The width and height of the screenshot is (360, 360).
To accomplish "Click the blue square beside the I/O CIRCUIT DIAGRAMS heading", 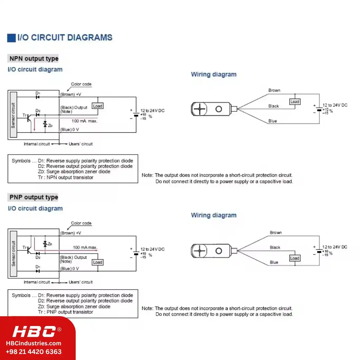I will point(11,38).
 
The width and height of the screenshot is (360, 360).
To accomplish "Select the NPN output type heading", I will point(34,59).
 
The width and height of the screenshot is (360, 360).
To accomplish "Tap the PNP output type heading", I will point(34,197).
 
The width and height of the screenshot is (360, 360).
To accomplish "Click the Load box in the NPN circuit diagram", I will point(98,106).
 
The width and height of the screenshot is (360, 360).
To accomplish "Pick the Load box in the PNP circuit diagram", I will point(97,262).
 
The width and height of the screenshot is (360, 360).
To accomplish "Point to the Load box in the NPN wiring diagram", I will point(295,101).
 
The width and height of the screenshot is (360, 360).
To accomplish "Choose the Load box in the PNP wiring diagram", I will point(295,258).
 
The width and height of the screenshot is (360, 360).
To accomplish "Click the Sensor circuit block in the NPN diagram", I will point(14,115).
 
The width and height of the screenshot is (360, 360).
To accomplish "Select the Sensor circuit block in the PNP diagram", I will point(14,254).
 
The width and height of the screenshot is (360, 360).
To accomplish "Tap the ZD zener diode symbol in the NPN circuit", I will point(45,125).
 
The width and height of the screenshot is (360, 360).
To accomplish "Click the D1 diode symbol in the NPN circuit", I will point(38,97).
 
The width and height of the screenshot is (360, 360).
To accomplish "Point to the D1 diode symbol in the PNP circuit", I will point(38,271).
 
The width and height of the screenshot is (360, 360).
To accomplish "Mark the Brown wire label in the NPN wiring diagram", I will point(274,90).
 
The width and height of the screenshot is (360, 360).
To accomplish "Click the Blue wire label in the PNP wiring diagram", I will point(274,262).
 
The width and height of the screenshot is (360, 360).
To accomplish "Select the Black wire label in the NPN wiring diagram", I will point(274,106).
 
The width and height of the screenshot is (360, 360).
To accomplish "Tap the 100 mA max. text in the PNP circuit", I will point(85,247).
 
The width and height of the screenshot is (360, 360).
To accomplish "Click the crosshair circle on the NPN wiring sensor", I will point(199,109).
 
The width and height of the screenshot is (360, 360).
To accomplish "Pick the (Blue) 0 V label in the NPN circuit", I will point(70,130).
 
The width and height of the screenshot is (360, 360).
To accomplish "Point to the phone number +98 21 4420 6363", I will point(34,352).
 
